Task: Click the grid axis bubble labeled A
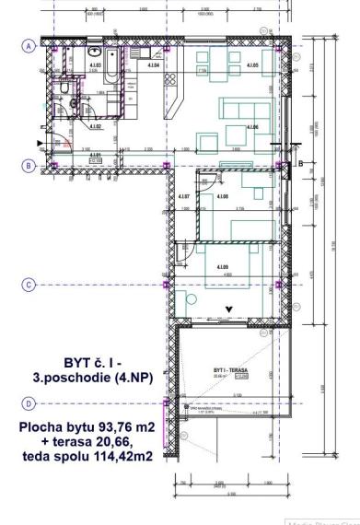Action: pos(30,45)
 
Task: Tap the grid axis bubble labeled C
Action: pos(30,286)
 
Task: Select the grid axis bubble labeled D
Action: pos(30,403)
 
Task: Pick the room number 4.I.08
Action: pos(221,197)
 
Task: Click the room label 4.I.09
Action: pos(222,267)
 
